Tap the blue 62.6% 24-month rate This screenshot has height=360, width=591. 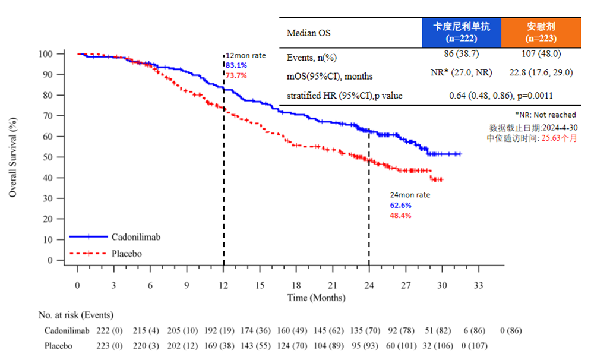400,205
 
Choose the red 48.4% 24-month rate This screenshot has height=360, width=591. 400,215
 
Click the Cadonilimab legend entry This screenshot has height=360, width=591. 135,236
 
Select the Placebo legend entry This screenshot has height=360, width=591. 127,253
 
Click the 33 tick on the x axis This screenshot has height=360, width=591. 479,285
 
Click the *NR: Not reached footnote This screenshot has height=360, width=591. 545,115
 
